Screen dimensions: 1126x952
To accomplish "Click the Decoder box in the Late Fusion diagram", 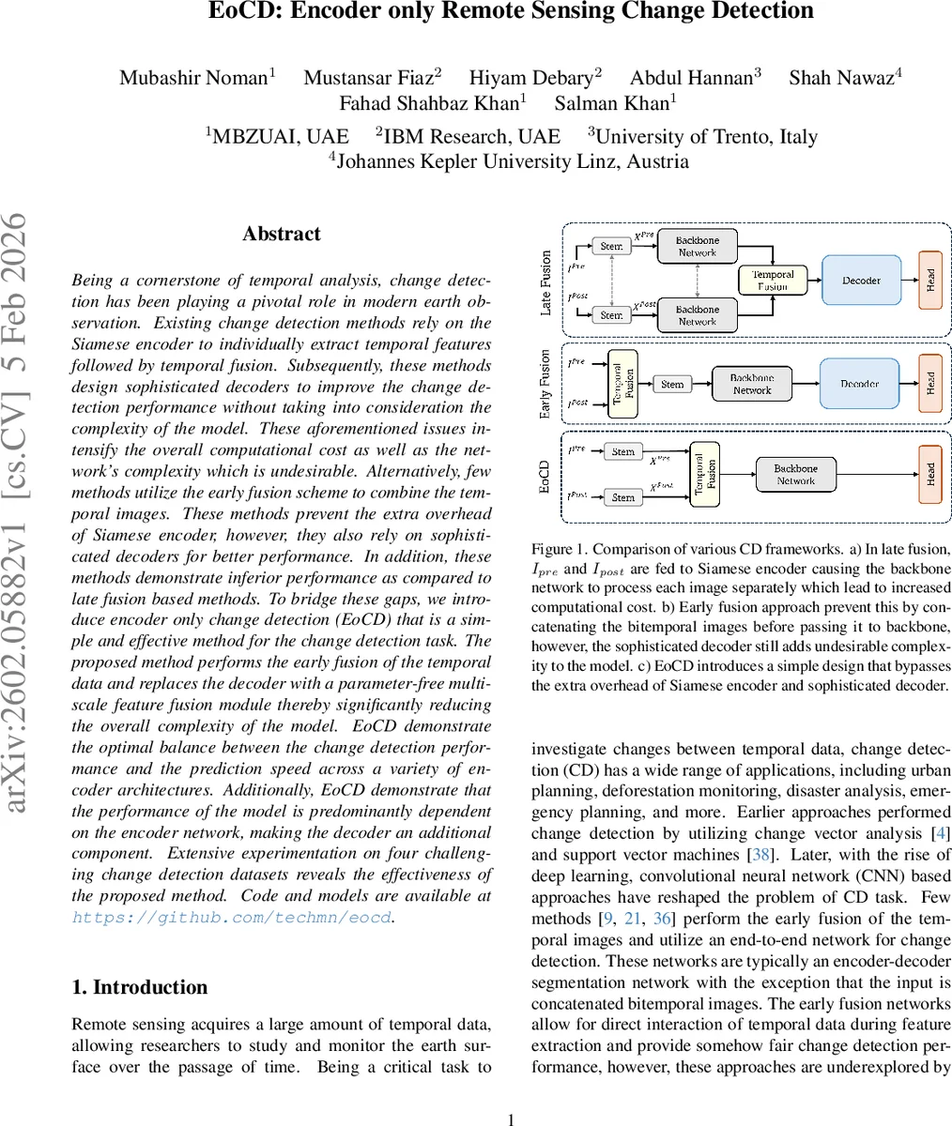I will (x=861, y=280).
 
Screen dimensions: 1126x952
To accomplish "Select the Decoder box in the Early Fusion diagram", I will (x=860, y=384).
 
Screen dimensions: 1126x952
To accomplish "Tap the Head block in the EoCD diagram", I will (x=929, y=473).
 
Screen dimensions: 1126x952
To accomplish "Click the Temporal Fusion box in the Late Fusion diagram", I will (x=774, y=280).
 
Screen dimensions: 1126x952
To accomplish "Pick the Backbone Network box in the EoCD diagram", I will (x=795, y=474).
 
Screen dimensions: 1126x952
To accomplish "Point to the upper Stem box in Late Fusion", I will (x=611, y=246).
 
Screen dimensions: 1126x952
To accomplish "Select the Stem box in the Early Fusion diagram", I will (x=672, y=384).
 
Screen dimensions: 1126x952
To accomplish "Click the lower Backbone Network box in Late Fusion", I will (x=698, y=315).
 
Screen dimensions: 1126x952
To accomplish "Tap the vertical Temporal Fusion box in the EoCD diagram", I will (x=704, y=474).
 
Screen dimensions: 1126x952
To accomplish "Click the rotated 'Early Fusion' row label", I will (x=545, y=384).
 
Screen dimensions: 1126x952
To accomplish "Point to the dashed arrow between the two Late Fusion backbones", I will (x=698, y=281).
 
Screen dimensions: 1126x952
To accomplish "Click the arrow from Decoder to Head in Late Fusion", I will (x=909, y=280).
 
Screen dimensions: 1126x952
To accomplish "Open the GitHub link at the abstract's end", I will (x=232, y=918).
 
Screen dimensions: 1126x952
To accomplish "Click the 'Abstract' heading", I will (x=281, y=234).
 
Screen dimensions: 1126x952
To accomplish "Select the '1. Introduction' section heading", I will (x=140, y=987).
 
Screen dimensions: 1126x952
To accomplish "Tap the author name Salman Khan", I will (x=615, y=104).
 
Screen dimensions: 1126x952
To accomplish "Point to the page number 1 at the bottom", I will (x=512, y=1118).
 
